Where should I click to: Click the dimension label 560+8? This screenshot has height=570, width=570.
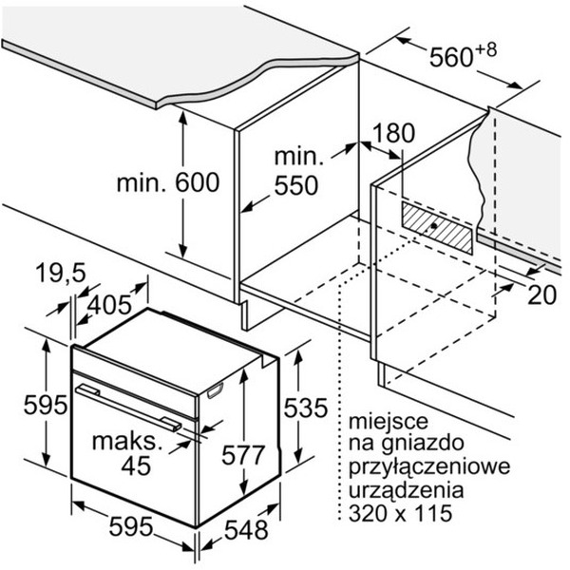(x=461, y=57)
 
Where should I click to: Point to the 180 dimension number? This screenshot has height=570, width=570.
(x=389, y=133)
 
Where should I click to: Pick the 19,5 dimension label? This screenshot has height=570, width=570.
(x=56, y=274)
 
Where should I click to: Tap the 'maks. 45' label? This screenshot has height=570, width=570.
(x=123, y=453)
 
